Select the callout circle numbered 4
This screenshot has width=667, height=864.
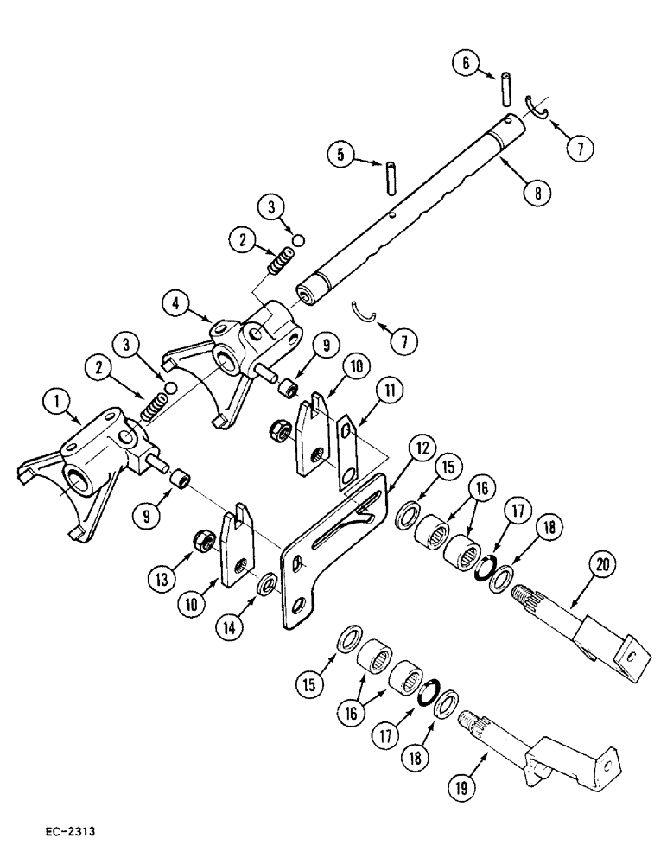[x=176, y=304]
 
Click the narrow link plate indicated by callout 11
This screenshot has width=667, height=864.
[x=347, y=452]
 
